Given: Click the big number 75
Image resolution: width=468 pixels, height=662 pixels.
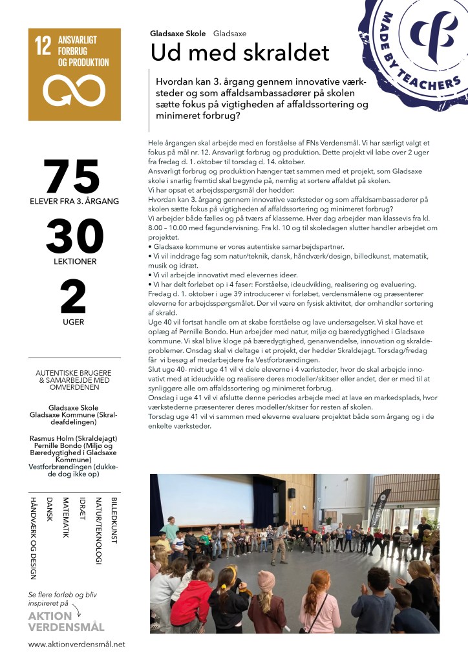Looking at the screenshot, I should coord(72,175).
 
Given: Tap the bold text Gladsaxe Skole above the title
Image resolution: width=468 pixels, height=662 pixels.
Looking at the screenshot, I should coord(178,33).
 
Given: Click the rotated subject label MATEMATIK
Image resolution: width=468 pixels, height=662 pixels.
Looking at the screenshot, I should coord(65,517).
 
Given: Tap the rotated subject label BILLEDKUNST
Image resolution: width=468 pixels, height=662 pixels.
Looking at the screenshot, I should coord(114,520).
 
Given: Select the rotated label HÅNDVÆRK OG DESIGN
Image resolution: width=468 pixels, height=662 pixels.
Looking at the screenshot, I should coord(33,537).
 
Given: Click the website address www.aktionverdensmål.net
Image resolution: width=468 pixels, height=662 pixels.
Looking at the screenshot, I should coord(76,645).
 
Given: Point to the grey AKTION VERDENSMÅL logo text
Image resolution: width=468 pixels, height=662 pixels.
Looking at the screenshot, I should coord(66,621).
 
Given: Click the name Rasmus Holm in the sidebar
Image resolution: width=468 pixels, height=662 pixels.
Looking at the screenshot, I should coord(59,438).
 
